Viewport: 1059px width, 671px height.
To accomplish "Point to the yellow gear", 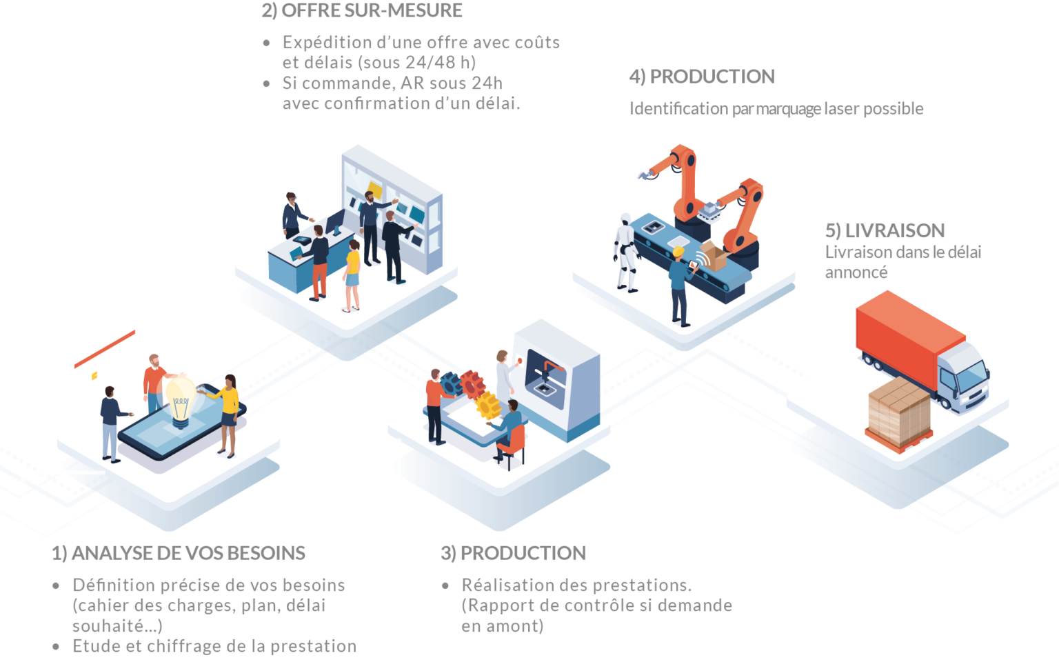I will click(x=487, y=405).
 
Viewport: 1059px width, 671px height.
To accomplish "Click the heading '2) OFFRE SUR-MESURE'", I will click(x=361, y=11).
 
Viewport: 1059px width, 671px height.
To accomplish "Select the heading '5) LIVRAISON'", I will click(x=885, y=230).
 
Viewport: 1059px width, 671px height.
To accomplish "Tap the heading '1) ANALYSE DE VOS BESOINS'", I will click(x=179, y=553).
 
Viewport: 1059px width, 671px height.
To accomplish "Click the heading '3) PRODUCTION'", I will click(x=514, y=553).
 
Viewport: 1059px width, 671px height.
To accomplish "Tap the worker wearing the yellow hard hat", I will click(x=679, y=283).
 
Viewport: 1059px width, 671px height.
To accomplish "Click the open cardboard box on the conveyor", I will click(x=714, y=256).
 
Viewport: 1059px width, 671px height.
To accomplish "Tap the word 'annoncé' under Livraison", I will click(x=856, y=272).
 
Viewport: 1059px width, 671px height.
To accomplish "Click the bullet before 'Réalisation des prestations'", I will click(x=445, y=585).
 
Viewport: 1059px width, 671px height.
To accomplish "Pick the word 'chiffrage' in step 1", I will click(x=183, y=647).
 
